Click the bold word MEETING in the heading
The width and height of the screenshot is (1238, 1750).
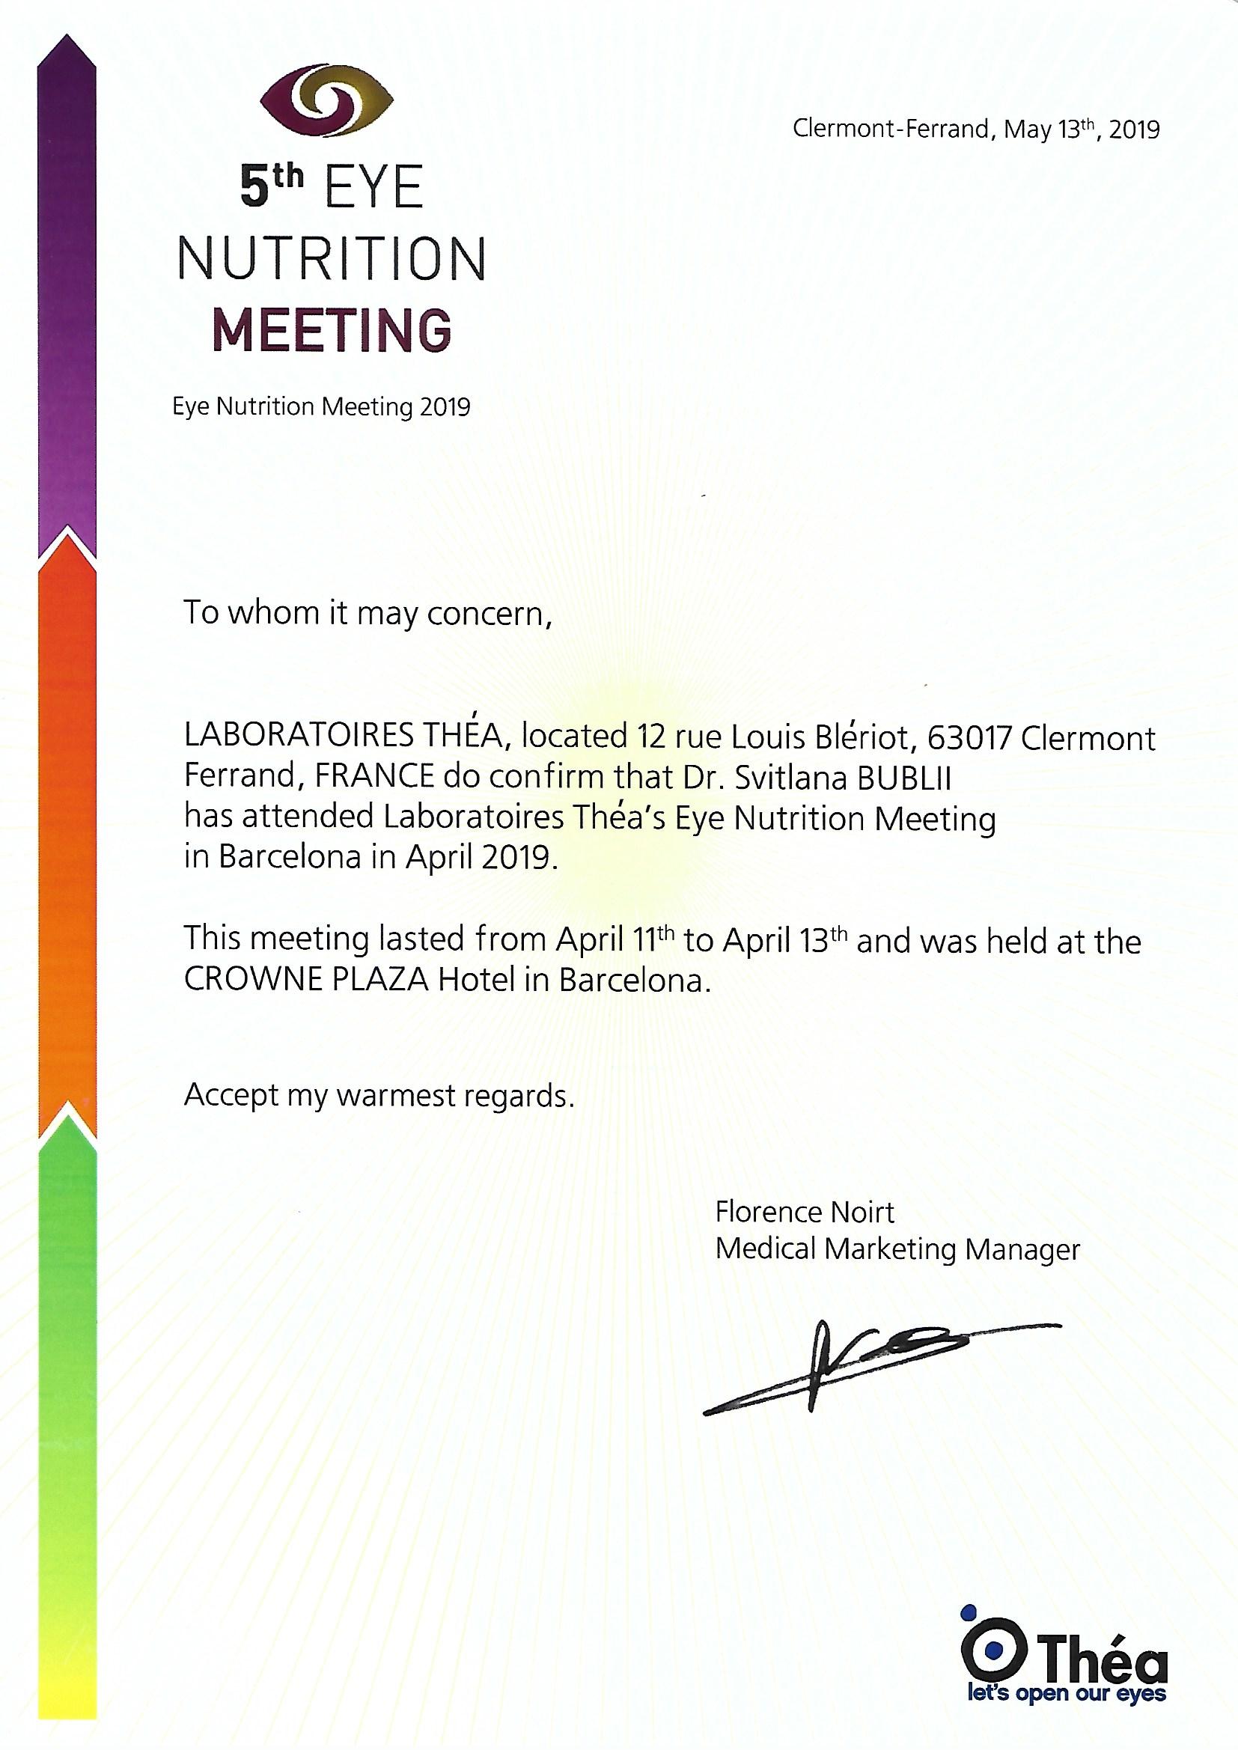tap(332, 330)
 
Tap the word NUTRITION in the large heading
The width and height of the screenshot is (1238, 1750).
tap(332, 259)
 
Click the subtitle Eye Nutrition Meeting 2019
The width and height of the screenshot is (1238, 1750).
tap(321, 407)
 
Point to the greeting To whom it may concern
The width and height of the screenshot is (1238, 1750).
tap(368, 614)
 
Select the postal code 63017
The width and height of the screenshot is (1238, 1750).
tap(966, 738)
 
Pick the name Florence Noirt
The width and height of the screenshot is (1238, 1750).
tap(804, 1212)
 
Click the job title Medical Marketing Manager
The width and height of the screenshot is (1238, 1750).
tap(897, 1249)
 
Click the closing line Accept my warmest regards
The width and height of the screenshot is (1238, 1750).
tap(378, 1096)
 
